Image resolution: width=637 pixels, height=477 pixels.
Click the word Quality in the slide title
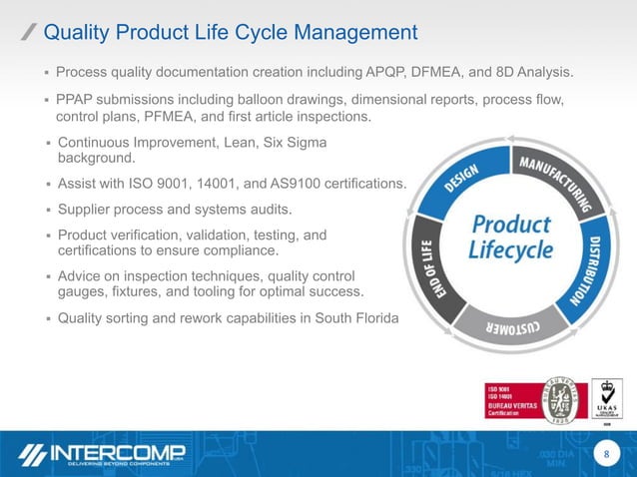click(x=87, y=32)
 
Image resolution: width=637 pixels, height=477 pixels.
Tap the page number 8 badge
click(x=602, y=454)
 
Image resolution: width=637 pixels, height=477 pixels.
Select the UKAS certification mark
click(x=607, y=400)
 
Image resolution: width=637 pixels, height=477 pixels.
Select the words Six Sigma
click(x=294, y=143)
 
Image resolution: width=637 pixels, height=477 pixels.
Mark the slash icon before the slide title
click(x=30, y=33)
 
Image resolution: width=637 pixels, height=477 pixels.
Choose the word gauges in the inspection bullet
click(x=85, y=291)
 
